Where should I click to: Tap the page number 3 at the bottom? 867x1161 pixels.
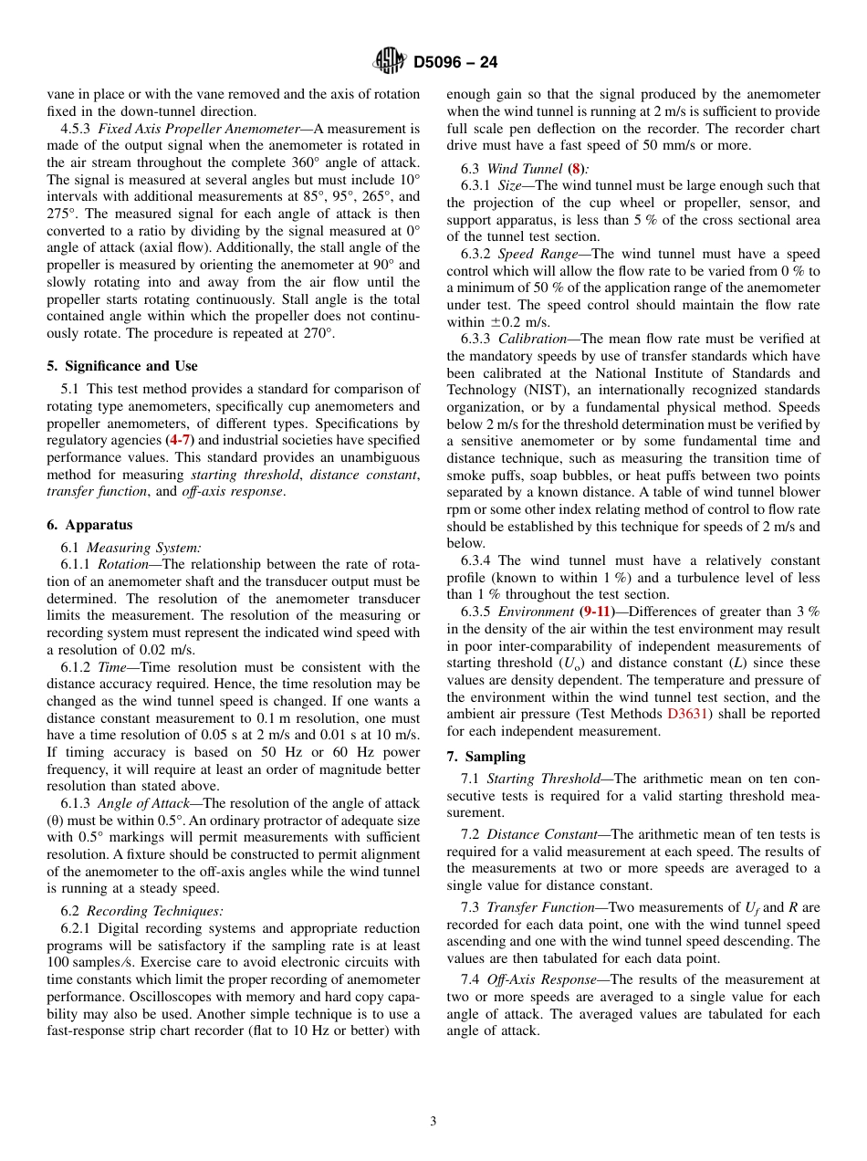(x=433, y=1121)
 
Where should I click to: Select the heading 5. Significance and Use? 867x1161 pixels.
(x=122, y=366)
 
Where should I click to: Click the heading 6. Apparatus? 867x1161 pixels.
(x=89, y=525)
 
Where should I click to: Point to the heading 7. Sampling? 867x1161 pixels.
(x=486, y=757)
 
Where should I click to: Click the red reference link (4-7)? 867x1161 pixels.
(x=180, y=440)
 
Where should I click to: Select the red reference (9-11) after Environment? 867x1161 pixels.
(x=598, y=612)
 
